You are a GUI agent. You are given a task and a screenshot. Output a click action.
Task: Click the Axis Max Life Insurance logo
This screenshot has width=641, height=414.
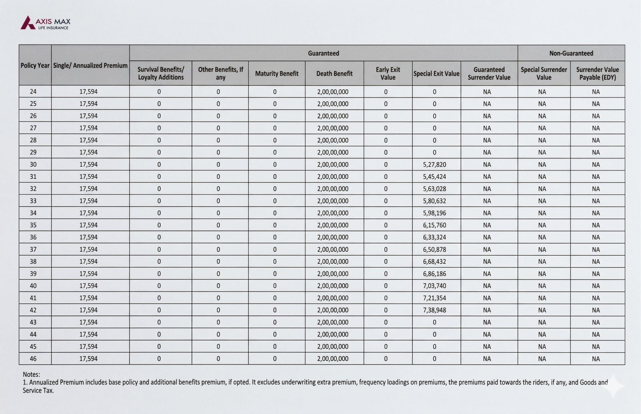tap(45, 23)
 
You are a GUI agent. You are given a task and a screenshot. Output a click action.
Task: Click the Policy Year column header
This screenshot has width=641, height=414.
tap(35, 65)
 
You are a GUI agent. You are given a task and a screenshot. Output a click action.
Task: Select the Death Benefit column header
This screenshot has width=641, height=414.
tap(334, 74)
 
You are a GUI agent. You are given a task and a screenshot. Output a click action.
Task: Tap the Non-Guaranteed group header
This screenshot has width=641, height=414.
tap(571, 53)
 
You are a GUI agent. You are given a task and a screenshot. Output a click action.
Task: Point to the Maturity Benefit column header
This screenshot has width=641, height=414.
tap(277, 74)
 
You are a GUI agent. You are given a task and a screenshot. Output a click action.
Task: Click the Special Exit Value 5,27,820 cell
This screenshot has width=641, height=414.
tap(434, 165)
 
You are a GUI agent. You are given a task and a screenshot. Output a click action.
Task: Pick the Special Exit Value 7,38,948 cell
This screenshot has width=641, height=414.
tap(434, 310)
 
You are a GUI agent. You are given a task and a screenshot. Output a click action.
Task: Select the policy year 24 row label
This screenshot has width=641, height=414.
tap(33, 92)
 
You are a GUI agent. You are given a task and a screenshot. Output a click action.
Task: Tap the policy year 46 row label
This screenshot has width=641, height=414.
tap(33, 359)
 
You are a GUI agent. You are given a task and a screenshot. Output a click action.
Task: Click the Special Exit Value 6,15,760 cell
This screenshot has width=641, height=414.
tap(434, 225)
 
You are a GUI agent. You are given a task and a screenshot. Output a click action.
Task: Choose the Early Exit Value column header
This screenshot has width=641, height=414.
tap(388, 74)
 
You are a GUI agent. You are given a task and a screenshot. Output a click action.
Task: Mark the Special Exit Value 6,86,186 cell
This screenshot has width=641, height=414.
tap(434, 274)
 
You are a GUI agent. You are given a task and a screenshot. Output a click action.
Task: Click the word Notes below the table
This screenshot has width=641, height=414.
tap(31, 374)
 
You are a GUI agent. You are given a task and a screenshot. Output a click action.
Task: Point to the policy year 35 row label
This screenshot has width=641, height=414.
tap(33, 225)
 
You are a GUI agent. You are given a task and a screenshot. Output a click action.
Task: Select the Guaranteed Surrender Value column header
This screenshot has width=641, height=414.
tap(489, 74)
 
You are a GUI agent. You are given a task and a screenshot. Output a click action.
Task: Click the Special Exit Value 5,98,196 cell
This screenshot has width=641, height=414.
tap(434, 213)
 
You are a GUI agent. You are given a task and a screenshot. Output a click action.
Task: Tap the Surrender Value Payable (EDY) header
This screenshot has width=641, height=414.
tap(597, 74)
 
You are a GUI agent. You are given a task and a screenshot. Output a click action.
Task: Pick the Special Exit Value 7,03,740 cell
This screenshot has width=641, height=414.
tap(434, 286)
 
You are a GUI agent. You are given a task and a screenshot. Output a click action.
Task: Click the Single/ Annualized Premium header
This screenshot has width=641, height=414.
tap(90, 65)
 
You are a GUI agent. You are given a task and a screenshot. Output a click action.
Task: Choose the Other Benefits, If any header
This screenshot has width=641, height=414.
tap(220, 74)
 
